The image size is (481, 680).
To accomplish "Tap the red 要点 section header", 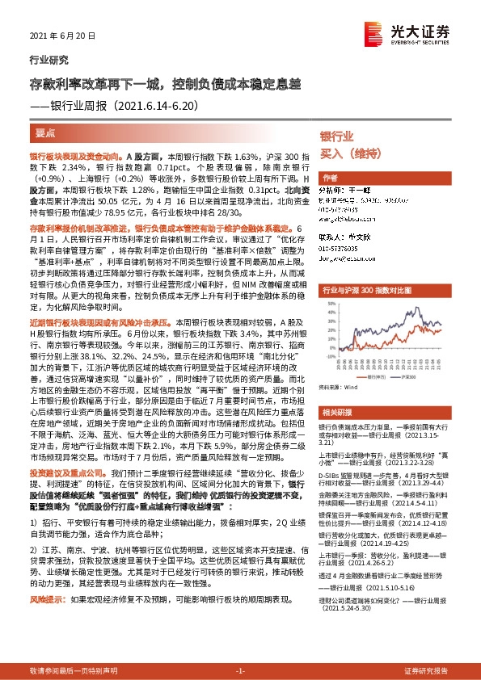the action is (x=46, y=132).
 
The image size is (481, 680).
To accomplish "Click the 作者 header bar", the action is (x=330, y=178).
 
